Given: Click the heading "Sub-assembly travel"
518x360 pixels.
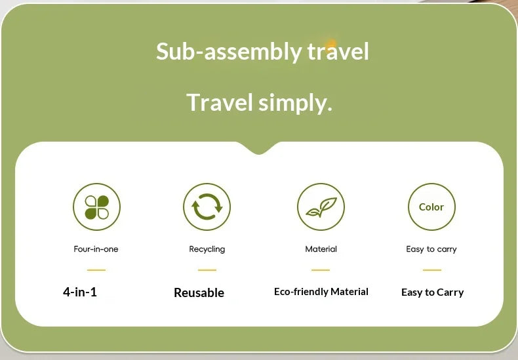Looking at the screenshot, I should [262, 51].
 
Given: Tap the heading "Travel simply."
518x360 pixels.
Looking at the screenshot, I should [259, 102].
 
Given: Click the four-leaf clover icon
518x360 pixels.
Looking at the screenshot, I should [96, 207].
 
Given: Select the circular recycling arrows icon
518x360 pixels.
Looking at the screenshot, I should [207, 207].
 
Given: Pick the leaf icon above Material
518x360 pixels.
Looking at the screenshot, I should [321, 207].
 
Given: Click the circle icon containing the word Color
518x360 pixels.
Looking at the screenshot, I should [431, 207].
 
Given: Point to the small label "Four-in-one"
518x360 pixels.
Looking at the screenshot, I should [96, 249].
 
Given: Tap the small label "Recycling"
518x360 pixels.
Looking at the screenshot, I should [207, 249].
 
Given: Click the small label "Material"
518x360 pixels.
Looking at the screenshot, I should [321, 249].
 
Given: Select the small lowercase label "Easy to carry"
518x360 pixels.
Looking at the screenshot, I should [431, 249].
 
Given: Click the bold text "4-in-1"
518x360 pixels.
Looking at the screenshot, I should [80, 292].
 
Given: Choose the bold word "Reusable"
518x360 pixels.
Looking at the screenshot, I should [199, 292].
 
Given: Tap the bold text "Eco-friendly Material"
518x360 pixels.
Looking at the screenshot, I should [321, 292].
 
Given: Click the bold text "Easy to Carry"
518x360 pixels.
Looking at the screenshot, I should [432, 292].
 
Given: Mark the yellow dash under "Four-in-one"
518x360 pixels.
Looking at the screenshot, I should [96, 270].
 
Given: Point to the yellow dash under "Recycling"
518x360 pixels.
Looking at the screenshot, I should [207, 270].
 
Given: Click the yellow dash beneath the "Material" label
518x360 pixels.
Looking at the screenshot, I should [321, 270].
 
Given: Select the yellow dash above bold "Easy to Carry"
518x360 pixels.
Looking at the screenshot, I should [431, 270].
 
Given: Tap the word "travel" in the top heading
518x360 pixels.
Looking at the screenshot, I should [338, 51].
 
